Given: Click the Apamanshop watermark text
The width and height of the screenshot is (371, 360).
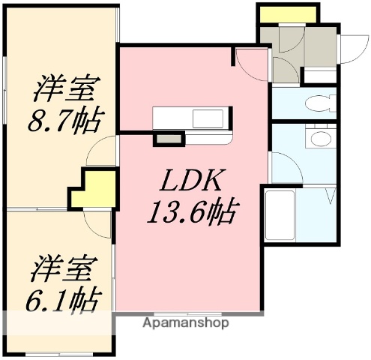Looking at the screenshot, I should pyautogui.click(x=185, y=323).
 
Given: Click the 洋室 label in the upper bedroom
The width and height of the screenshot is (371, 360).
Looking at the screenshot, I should pyautogui.click(x=66, y=88).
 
